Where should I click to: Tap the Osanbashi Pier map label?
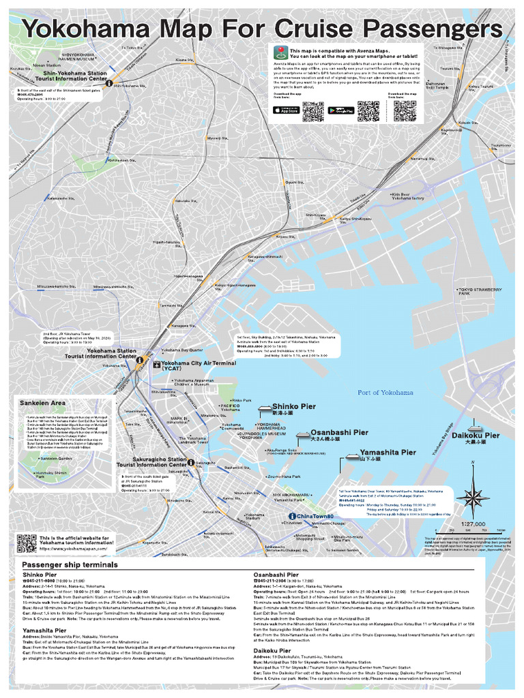339,432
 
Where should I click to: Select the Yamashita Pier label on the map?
388,452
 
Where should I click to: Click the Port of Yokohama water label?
385,393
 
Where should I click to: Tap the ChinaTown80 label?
316,516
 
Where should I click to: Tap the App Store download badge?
285,110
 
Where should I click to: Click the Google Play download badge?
341,110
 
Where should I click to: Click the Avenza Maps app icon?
281,52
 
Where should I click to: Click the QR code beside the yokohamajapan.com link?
26,543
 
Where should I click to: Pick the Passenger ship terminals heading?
70,564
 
